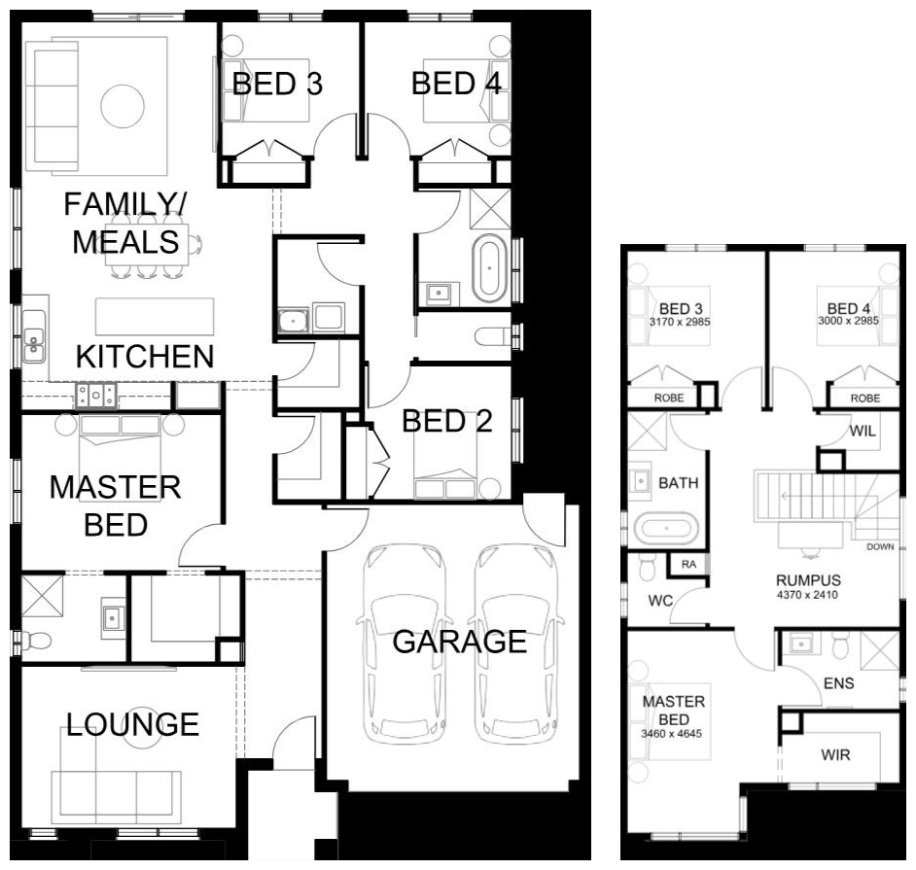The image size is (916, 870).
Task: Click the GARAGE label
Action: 460,642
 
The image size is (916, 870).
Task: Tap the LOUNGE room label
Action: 132,724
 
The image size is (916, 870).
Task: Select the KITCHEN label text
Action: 145,356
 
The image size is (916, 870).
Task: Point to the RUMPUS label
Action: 808,580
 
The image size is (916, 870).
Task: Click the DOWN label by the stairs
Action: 880,547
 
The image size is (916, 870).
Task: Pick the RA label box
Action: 688,564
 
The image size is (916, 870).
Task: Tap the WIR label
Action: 835,755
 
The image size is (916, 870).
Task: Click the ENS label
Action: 839,683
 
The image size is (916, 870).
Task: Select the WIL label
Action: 863,431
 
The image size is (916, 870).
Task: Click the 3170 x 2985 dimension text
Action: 680,322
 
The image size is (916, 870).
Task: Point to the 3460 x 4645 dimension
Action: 671,734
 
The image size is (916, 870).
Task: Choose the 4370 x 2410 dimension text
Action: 807,595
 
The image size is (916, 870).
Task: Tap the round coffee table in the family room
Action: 123,106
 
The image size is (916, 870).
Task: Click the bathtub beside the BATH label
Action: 666,529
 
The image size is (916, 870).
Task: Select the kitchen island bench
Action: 155,317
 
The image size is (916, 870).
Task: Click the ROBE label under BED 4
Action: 865,399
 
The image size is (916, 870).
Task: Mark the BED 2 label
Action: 447,421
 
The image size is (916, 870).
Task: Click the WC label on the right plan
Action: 660,601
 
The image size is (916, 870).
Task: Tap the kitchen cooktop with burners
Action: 96,395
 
